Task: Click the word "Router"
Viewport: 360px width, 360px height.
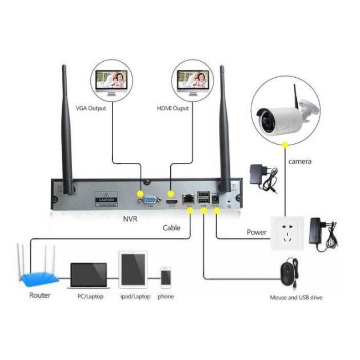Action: [40, 295]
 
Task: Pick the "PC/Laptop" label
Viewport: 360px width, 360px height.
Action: [89, 297]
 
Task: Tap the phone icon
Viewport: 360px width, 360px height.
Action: [166, 277]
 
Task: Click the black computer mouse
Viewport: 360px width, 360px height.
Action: [290, 272]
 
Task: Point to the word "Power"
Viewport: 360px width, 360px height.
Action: [257, 233]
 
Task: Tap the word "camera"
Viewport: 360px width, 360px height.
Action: [300, 162]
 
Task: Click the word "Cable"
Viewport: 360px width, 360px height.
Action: [171, 227]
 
